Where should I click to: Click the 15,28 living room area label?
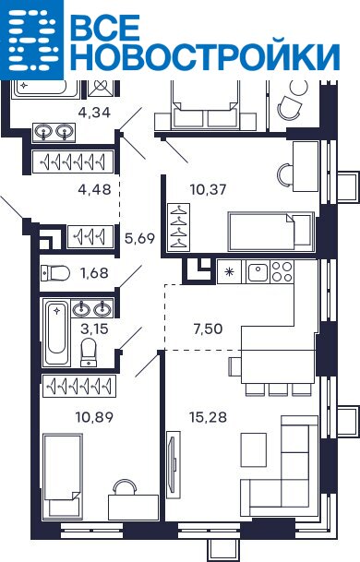pos(208,417)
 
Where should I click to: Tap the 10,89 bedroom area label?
pos(94,417)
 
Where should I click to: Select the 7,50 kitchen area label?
pos(208,329)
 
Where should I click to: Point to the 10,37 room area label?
pos(209,189)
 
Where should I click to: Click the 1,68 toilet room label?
pos(94,273)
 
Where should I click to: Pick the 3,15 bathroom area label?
pos(94,329)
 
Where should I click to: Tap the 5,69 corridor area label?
pos(139,238)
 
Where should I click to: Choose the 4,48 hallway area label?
pos(94,189)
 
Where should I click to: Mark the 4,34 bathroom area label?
pos(94,113)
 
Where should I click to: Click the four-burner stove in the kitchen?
pos(282,271)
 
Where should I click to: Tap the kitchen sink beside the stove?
pos(258,272)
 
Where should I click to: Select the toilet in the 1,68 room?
pos(54,273)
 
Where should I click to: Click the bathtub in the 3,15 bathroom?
pos(56,332)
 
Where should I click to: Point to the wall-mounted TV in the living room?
pos(174,460)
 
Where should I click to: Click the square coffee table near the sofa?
pos(254,449)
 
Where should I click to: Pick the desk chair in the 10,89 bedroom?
pos(125,487)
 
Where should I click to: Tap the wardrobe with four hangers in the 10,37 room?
pos(178,227)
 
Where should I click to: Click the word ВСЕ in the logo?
pos(104,28)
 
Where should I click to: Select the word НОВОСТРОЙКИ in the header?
pos(205,56)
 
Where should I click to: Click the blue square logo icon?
pos(31,40)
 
